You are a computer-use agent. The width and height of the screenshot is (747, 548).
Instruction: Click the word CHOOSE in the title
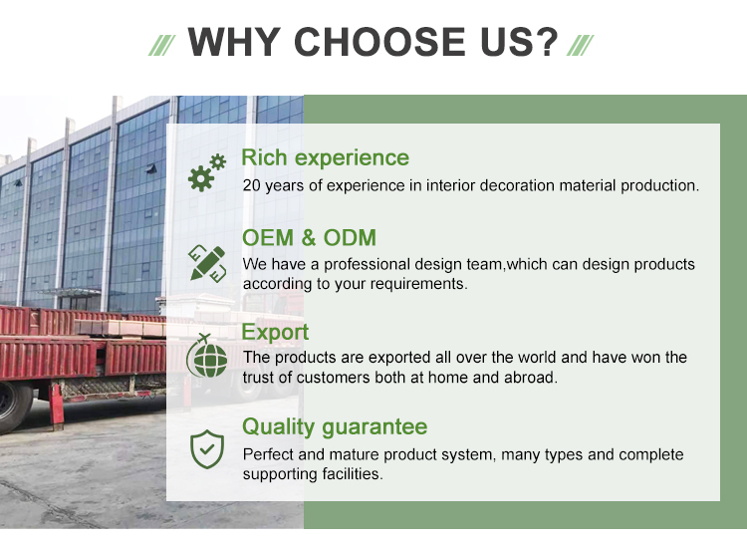[379, 42]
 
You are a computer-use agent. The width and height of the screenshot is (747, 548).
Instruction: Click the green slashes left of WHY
[162, 45]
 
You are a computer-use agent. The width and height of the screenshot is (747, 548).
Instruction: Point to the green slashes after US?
[580, 45]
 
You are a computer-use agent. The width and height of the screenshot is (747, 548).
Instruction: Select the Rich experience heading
[326, 157]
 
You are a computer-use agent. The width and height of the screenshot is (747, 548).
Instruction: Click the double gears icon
[207, 172]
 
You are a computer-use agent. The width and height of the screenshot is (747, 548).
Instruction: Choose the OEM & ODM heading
[309, 238]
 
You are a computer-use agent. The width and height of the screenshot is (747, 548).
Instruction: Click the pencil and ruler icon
[207, 263]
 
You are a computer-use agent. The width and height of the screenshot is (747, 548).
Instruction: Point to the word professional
[367, 264]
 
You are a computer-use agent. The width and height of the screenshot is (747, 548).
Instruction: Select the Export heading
[275, 332]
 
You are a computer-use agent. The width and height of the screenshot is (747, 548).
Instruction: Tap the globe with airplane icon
[207, 356]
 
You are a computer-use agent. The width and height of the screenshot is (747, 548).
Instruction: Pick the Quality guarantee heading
[335, 427]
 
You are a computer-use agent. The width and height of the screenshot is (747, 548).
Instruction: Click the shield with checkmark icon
[207, 449]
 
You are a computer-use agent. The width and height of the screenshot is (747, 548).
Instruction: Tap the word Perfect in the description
[268, 454]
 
